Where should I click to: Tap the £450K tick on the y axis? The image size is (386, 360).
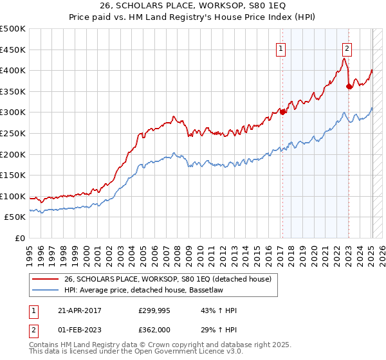coord(13,50)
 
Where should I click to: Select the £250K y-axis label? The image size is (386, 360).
coord(13,134)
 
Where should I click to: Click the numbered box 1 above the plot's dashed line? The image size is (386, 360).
coord(281,48)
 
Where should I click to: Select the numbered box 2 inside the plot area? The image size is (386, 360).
coord(347,48)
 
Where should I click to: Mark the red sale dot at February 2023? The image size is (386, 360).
coord(349,87)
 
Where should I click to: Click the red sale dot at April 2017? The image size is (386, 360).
coord(282,113)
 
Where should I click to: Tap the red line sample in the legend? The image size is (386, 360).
coord(45,279)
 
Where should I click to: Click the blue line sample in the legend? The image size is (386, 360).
coord(45,290)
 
